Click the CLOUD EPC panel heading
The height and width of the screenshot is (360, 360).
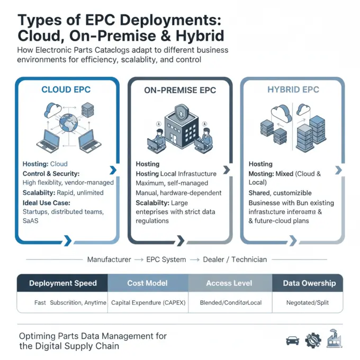(x=67, y=89)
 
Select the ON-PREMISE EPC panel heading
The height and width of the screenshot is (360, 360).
(x=180, y=90)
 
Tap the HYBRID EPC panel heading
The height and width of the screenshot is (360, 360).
(x=293, y=89)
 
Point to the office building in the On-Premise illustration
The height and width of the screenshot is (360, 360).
(x=180, y=124)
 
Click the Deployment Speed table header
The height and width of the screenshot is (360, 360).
(x=63, y=283)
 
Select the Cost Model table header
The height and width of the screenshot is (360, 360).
(x=147, y=283)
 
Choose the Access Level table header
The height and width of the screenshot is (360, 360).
(x=229, y=283)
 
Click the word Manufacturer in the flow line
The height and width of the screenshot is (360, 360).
(x=109, y=259)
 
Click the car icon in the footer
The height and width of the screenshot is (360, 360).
(x=292, y=340)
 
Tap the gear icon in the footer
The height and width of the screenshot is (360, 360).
(x=313, y=339)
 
